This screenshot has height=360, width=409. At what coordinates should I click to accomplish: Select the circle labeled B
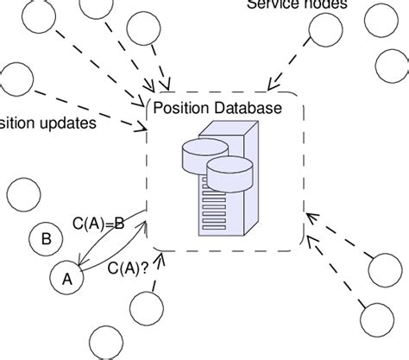pos(45,239)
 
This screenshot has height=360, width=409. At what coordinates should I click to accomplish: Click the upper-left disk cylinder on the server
pos(204,156)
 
